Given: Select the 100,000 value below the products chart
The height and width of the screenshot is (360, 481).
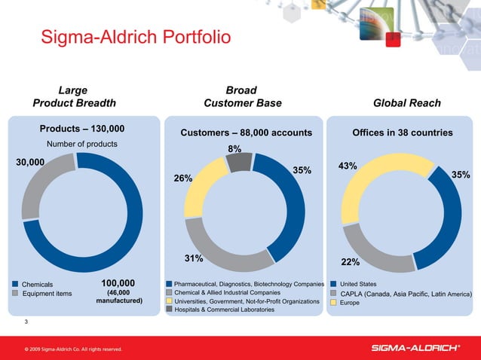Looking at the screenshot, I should click(118, 283).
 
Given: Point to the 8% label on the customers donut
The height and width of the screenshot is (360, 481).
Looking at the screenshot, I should click(234, 148).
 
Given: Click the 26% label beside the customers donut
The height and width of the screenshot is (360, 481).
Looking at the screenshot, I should click(183, 178).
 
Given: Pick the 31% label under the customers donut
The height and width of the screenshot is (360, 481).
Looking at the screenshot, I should click(195, 259).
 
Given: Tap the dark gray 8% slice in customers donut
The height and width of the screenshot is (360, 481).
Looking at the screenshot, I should click(239, 161).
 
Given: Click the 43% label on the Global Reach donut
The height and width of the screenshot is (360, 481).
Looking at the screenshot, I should click(348, 166).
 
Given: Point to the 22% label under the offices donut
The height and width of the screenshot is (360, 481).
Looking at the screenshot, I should click(350, 262).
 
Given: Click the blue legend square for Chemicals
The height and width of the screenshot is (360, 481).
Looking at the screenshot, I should click(15, 284).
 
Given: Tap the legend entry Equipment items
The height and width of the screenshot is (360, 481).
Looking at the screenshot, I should click(47, 294).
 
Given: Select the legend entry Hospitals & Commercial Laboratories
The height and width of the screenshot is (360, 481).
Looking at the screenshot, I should click(224, 310).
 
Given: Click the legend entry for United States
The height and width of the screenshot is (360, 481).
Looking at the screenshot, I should click(357, 284).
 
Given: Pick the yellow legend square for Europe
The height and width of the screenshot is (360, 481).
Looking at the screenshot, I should click(332, 302).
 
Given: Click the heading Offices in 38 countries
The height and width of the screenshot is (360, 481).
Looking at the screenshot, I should click(402, 133).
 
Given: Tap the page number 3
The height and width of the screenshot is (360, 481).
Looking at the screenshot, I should click(26, 323).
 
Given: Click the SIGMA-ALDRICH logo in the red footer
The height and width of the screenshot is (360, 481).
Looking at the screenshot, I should click(416, 347).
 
